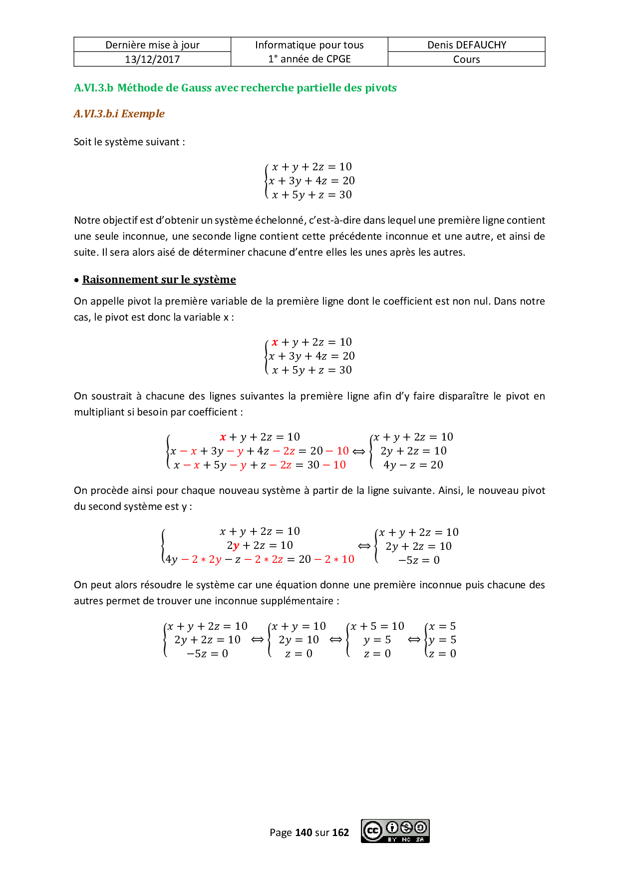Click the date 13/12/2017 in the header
tap(152, 59)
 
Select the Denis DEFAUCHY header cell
tap(466, 45)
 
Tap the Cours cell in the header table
tap(466, 59)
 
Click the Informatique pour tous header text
tap(309, 45)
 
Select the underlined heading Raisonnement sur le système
tap(159, 280)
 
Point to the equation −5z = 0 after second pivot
tap(419, 560)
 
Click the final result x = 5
tap(442, 626)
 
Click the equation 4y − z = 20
tap(413, 465)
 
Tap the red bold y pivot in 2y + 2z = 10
tap(236, 546)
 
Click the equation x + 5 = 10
tap(377, 626)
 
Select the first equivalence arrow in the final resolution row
tap(257, 640)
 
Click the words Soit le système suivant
tap(129, 142)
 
